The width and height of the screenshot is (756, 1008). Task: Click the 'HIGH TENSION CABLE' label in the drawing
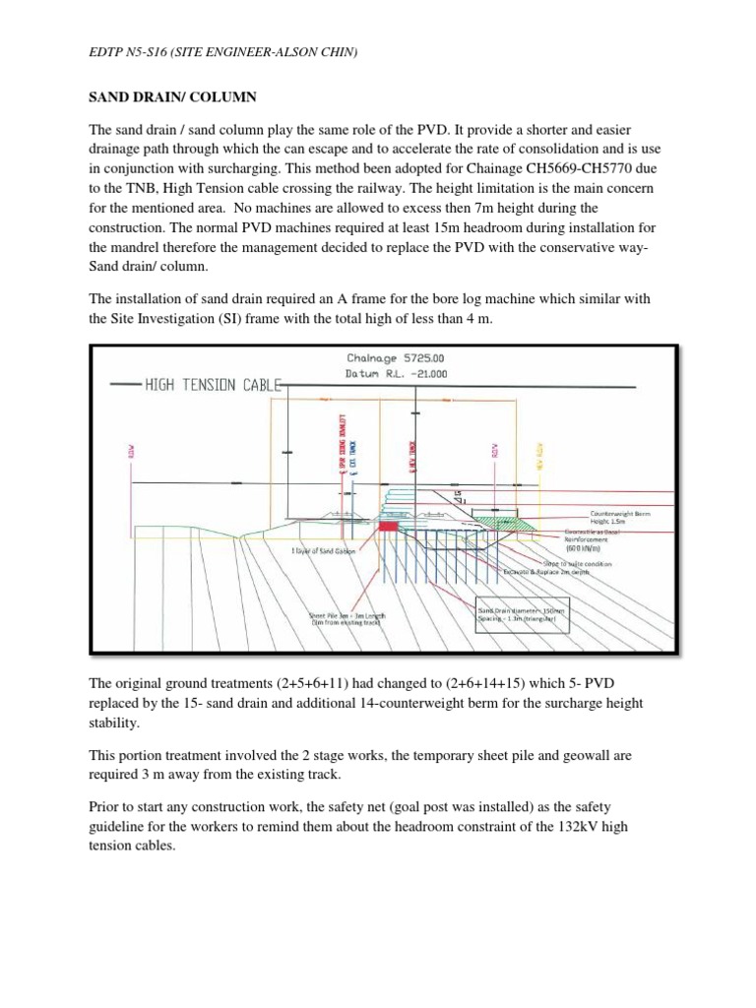(x=211, y=385)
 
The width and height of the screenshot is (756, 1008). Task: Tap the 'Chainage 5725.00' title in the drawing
(x=381, y=359)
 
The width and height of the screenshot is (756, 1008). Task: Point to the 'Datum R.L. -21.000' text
(x=382, y=374)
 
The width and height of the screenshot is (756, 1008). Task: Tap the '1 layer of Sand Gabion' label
(x=323, y=551)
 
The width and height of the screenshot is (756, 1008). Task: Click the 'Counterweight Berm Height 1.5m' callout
(x=620, y=518)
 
